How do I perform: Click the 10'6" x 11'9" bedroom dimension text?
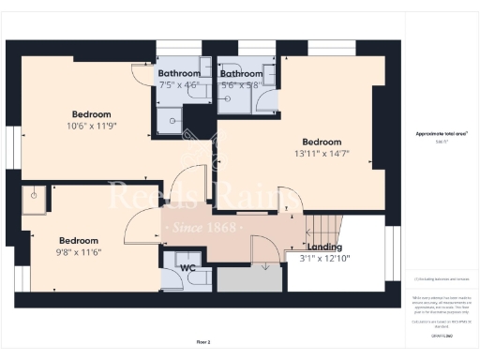pyautogui.click(x=90, y=126)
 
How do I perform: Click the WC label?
pyautogui.click(x=188, y=267)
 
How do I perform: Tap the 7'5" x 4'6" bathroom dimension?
pyautogui.click(x=178, y=83)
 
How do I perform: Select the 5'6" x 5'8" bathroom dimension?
pyautogui.click(x=240, y=83)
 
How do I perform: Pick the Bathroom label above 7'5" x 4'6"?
pyautogui.click(x=178, y=73)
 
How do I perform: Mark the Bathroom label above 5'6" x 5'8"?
pyautogui.click(x=240, y=73)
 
